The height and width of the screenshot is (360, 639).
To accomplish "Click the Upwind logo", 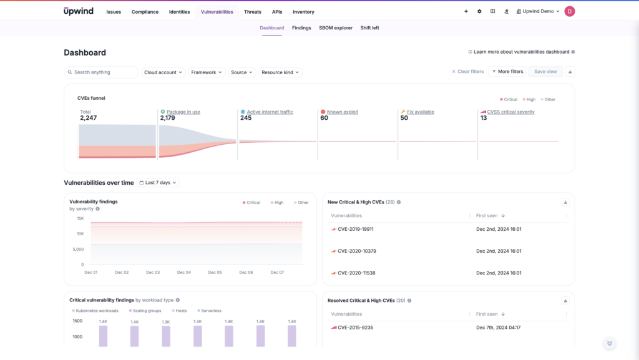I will (x=79, y=11).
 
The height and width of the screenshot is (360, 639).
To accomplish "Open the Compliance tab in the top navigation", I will (x=145, y=12).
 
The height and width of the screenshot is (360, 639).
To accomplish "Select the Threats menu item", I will (x=253, y=12).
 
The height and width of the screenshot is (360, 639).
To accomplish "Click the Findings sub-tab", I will (x=301, y=28).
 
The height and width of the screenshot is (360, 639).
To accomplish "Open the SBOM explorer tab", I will (x=336, y=28).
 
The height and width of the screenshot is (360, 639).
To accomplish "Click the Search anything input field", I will (x=102, y=72).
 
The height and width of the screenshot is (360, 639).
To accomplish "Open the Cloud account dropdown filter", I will (x=163, y=72).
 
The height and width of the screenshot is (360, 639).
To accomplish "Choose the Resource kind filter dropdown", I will (x=280, y=72).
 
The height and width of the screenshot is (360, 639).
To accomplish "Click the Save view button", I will (x=545, y=72).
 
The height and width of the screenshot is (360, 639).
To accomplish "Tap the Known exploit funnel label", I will (x=342, y=112).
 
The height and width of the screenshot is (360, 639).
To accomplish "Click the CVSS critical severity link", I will (x=510, y=112).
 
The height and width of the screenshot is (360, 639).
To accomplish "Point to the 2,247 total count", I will (x=89, y=118).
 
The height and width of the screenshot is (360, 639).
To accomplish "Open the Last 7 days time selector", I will (x=159, y=183).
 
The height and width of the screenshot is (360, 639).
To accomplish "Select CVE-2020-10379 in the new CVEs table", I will (x=356, y=251).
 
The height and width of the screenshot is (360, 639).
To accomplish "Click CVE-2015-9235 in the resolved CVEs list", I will (x=355, y=328).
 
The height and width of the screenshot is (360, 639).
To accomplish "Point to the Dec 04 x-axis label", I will (x=184, y=273).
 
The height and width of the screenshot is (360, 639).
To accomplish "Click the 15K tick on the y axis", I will (x=80, y=218).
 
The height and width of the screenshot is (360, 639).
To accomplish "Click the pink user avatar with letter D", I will (x=569, y=11).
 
